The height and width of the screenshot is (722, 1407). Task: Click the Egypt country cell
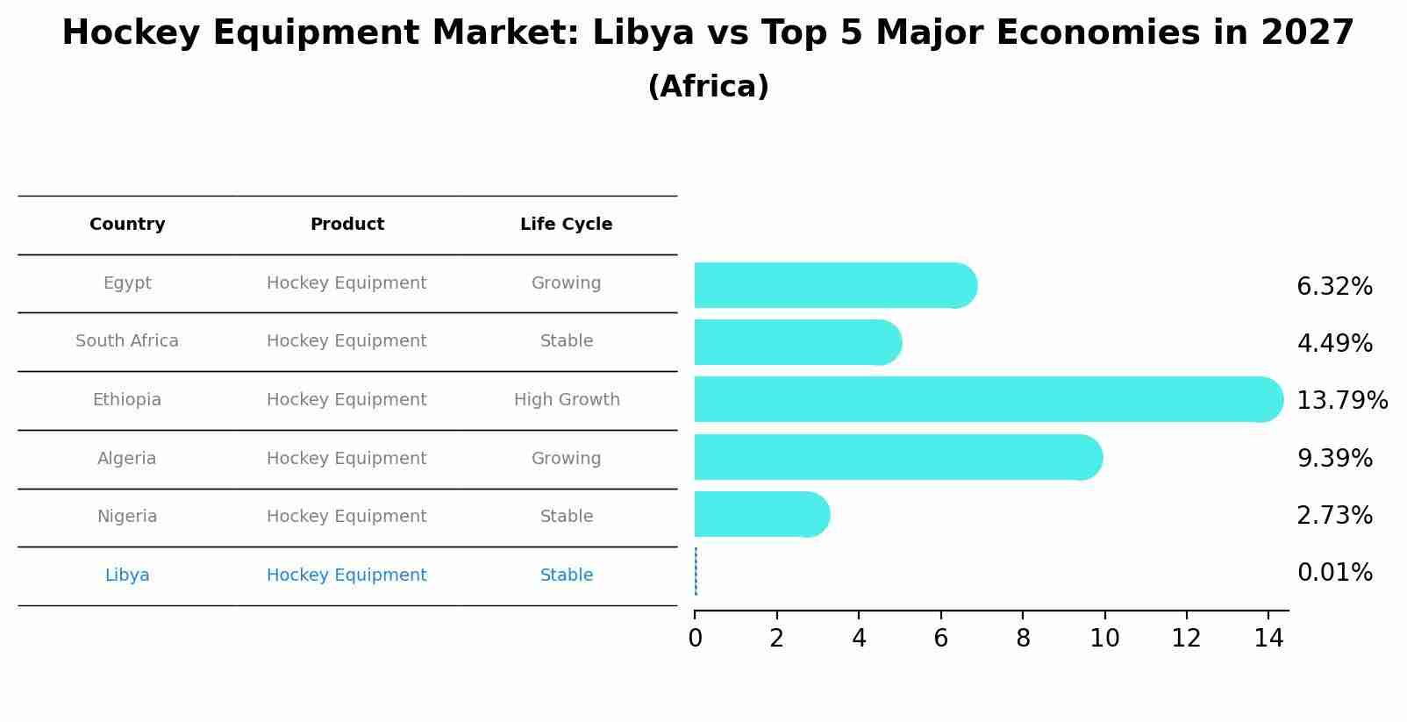tap(127, 283)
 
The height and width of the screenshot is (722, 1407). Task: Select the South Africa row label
tap(127, 341)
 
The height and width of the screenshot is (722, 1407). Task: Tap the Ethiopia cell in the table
tap(127, 400)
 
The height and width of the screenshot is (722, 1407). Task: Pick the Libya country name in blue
tap(127, 575)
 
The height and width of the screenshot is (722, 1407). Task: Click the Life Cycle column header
tap(566, 225)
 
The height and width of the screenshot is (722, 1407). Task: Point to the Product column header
tap(347, 225)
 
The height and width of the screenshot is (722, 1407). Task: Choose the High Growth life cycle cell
tap(567, 400)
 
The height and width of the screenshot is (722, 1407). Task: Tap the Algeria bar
tap(895, 457)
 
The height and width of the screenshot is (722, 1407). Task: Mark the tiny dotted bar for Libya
tap(696, 571)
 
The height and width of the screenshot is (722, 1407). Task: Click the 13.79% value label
tap(1342, 401)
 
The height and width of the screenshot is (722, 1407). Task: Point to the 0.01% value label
tap(1334, 573)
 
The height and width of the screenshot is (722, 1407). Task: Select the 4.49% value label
tap(1334, 343)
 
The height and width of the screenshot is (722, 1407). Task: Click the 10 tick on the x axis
tap(1104, 639)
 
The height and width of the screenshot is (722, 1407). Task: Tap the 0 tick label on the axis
tap(695, 639)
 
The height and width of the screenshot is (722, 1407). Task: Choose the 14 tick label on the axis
tap(1268, 639)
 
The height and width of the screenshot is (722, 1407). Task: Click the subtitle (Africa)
tap(708, 87)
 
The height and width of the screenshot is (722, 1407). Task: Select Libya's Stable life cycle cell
tap(567, 575)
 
